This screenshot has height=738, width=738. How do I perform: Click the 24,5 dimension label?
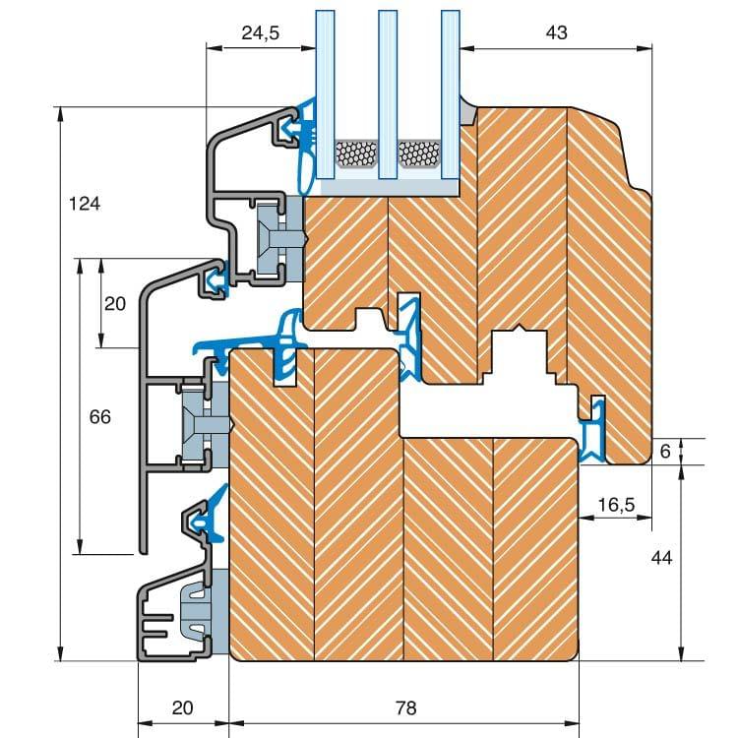(260, 32)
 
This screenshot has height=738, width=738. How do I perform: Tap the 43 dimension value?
(556, 32)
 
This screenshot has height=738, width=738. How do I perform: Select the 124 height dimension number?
(86, 204)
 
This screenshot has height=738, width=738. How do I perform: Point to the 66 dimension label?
(99, 417)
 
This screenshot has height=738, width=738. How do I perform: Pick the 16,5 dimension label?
(616, 505)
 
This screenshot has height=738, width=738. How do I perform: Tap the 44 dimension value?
(661, 557)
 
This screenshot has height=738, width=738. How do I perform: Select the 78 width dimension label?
(404, 707)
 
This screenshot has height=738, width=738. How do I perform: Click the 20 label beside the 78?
(182, 707)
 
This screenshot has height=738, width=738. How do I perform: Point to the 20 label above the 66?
(115, 304)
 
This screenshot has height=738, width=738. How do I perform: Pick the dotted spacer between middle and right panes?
(418, 153)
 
